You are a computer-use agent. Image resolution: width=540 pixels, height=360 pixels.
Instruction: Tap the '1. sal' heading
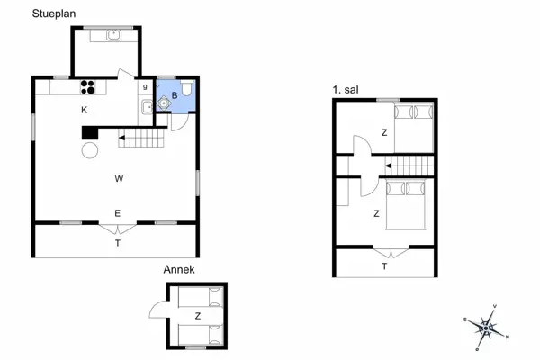(x=344, y=90)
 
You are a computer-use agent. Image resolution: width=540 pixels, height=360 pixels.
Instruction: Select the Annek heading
(x=178, y=269)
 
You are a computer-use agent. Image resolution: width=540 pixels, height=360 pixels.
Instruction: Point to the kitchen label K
(x=84, y=110)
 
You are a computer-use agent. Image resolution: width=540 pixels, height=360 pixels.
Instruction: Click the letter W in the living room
(x=118, y=178)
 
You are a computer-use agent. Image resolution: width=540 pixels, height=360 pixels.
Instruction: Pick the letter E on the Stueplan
(x=117, y=213)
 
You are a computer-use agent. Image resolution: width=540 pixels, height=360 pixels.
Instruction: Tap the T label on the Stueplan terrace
(x=117, y=243)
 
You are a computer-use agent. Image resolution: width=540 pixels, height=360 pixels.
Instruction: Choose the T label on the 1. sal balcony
(x=384, y=266)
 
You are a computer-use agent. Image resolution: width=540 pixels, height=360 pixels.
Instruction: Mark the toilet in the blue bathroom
(x=186, y=88)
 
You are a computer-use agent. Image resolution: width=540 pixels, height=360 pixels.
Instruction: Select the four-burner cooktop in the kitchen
(x=89, y=87)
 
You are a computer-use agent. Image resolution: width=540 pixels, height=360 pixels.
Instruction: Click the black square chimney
(x=89, y=132)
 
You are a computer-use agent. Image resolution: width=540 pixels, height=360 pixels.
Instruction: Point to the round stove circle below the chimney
(x=90, y=150)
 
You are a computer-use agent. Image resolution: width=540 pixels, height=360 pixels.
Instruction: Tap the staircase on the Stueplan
(x=144, y=139)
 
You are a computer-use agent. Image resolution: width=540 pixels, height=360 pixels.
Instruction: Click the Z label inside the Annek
(x=197, y=316)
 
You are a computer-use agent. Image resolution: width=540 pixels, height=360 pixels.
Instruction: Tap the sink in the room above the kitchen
(x=114, y=35)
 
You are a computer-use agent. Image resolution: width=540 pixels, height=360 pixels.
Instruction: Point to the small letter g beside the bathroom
(x=145, y=87)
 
